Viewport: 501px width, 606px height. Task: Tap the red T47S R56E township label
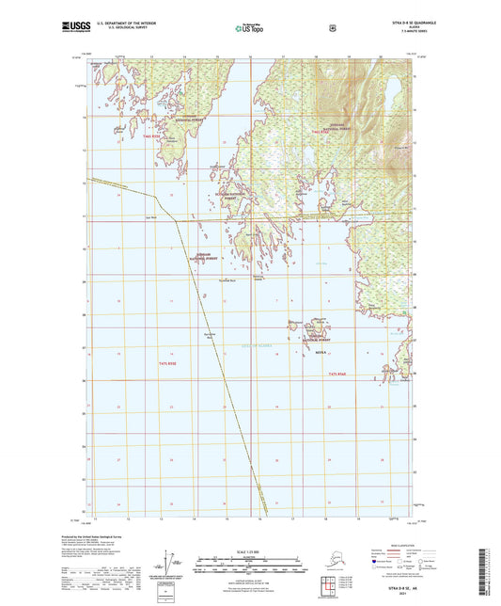click(x=343, y=375)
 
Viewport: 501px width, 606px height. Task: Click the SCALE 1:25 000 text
click(x=249, y=550)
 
